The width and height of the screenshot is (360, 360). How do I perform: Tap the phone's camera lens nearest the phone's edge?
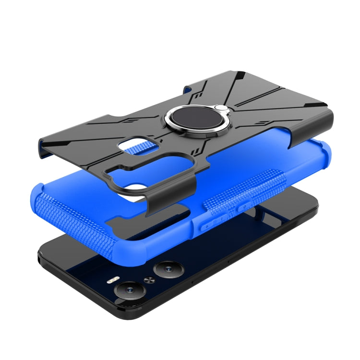130,289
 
